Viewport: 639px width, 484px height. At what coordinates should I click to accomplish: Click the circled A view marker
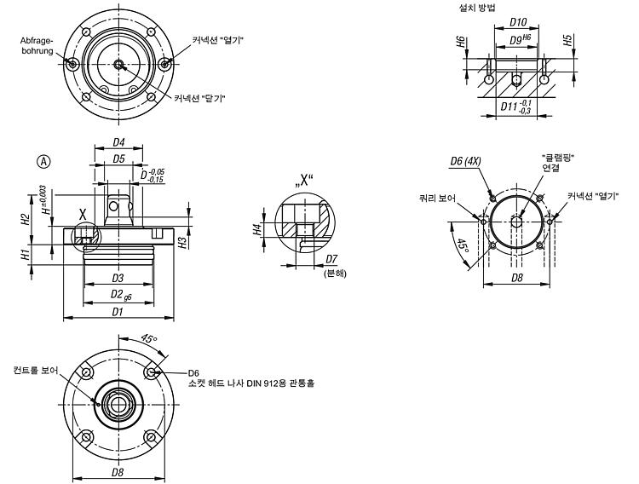44,162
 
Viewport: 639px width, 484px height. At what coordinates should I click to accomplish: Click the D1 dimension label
118,312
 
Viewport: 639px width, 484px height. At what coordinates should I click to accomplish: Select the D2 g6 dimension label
121,295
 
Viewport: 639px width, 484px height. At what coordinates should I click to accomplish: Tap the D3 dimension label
118,278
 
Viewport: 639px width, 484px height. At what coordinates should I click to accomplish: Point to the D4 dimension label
118,142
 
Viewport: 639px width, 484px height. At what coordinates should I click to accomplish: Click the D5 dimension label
118,158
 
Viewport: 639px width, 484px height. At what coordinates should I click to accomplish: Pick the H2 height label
26,219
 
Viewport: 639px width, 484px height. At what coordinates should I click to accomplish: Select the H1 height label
26,256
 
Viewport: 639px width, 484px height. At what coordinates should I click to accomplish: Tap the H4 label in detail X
256,229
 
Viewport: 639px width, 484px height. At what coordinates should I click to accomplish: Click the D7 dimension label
331,259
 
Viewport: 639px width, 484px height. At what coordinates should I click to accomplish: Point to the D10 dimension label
518,22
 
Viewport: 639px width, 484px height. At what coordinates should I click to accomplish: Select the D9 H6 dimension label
521,39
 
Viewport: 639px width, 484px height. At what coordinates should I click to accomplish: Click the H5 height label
567,40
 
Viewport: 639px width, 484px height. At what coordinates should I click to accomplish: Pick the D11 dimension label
516,107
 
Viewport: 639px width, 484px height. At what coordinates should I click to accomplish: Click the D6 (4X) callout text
465,161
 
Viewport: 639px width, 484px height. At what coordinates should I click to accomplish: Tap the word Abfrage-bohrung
37,46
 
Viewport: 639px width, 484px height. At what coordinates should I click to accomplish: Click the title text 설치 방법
477,8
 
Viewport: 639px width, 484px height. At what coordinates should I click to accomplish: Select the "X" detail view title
302,181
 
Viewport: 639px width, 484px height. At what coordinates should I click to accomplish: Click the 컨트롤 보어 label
36,370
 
